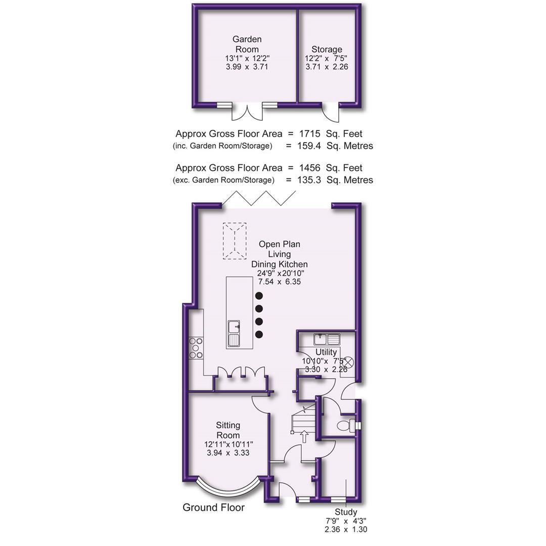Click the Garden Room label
click(x=247, y=44)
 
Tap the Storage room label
click(x=327, y=50)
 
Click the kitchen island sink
click(x=234, y=333)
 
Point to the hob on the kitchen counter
click(x=196, y=348)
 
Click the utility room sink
click(x=327, y=339)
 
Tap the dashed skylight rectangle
click(x=235, y=241)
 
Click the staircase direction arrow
click(x=304, y=436)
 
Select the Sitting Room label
click(x=228, y=430)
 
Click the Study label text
click(x=346, y=512)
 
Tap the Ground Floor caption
click(x=213, y=508)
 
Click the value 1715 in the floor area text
click(x=309, y=134)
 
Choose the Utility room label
click(x=326, y=352)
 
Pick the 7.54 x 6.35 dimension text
click(x=279, y=282)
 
